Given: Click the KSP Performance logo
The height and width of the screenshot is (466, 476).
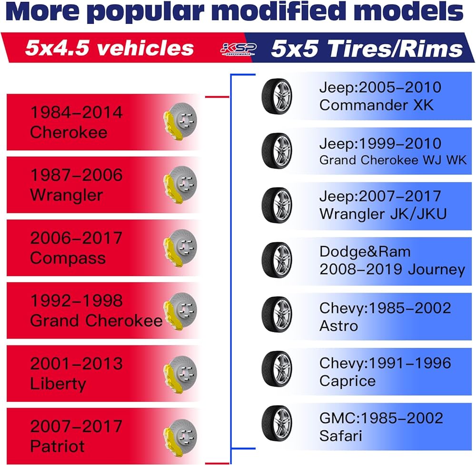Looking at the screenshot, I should pos(238,49).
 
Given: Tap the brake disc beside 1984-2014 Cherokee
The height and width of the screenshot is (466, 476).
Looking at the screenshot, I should pos(181,122).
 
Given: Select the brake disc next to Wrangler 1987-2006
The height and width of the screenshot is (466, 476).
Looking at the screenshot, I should pos(181,185).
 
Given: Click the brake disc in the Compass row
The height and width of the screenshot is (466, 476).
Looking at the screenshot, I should pos(181,248).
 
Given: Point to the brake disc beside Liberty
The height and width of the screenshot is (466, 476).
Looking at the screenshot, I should pos(181,373).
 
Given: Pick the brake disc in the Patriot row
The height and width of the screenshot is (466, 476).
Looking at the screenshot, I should pos(181,436).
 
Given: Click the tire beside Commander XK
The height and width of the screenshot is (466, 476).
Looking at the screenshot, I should pos(277,96).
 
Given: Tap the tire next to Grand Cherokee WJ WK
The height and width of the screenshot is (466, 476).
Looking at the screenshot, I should pos(277,151).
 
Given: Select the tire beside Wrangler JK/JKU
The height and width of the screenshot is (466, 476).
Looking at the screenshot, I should pos(277,205).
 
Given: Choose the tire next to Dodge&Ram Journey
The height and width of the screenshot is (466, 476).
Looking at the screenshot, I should pos(277,260).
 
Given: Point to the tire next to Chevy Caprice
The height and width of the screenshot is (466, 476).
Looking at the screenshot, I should pos(277,370).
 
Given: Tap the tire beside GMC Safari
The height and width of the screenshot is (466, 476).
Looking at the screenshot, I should pos(277,425).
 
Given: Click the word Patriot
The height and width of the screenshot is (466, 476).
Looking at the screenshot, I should pos(58,446).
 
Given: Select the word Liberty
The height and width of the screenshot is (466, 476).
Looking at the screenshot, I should pos(58,384).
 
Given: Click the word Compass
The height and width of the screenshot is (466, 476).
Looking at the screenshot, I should pos(68,258).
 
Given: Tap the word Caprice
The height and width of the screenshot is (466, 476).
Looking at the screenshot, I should pos(347,381).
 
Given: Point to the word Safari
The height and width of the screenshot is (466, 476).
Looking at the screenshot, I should pos(341,436).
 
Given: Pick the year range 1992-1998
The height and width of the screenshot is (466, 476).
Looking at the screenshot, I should pos(76,301).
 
